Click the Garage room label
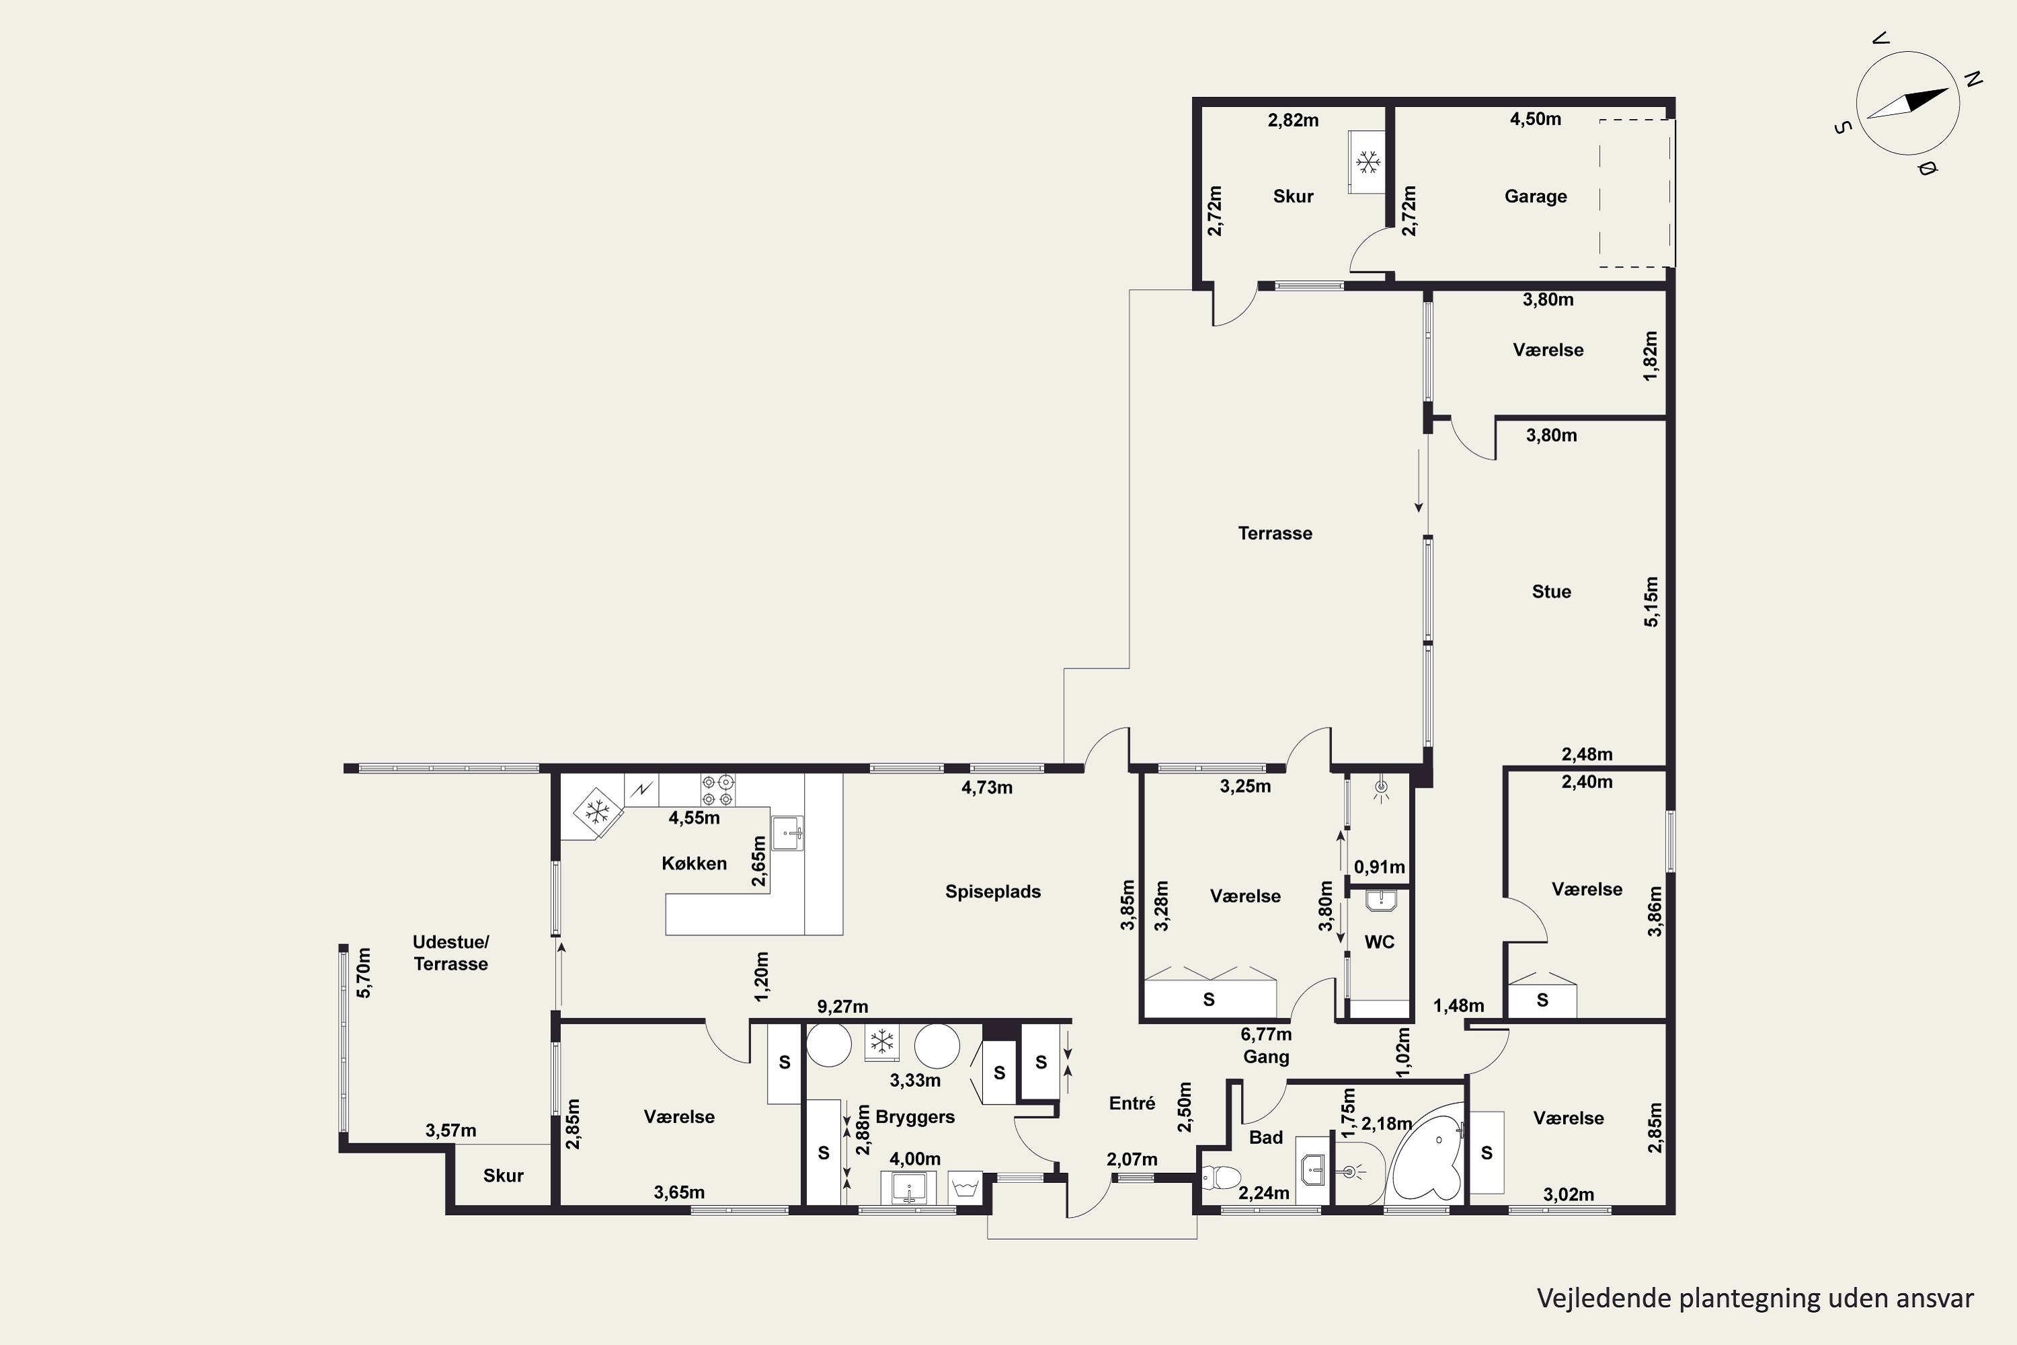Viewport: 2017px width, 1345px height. click(x=1535, y=196)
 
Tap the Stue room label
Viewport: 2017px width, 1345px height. click(x=1551, y=591)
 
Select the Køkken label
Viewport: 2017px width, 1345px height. click(x=694, y=863)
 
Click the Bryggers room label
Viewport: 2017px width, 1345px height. click(x=915, y=1117)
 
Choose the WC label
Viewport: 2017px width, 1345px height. click(x=1379, y=942)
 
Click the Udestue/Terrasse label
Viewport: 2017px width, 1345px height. click(x=451, y=953)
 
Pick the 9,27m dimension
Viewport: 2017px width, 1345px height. click(x=842, y=1006)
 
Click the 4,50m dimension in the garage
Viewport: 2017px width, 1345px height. click(x=1535, y=119)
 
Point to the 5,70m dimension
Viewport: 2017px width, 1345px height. click(x=364, y=972)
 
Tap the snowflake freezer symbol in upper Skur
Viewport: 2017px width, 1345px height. click(x=1367, y=161)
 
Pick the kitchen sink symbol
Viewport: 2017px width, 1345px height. click(x=788, y=832)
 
